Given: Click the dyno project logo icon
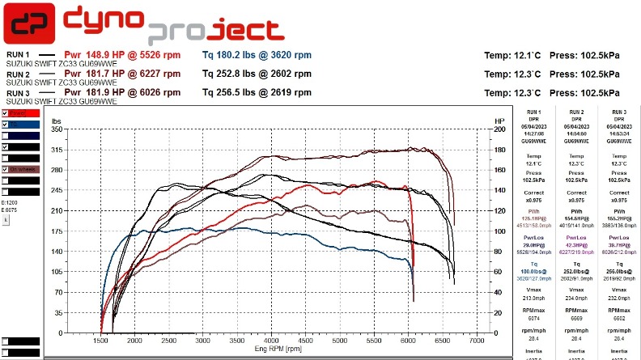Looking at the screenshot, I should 29,25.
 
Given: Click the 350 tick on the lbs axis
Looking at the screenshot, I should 57,129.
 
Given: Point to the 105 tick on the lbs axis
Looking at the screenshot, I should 57,271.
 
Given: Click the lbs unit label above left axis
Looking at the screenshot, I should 57,121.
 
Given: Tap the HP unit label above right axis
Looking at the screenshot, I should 499,121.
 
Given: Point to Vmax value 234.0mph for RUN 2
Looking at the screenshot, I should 576,297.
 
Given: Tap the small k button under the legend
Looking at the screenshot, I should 6,219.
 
